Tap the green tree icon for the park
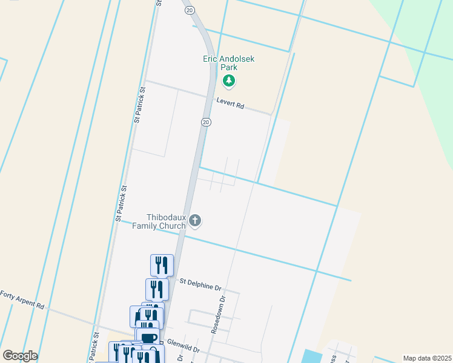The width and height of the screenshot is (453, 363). (x=229, y=80)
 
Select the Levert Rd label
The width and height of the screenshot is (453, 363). (x=230, y=104)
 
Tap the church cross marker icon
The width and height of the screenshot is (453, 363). (x=195, y=221)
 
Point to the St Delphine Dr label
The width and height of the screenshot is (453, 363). (x=201, y=282)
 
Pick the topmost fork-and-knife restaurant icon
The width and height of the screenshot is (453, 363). (x=162, y=265)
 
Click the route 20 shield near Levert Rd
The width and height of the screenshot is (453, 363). (x=206, y=122)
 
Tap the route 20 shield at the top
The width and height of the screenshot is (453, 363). (x=190, y=10)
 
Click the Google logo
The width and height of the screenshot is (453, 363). (x=20, y=356)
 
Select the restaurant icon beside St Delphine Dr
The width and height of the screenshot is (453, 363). (x=157, y=289)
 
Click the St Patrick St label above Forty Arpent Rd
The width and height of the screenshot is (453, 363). (x=121, y=202)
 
